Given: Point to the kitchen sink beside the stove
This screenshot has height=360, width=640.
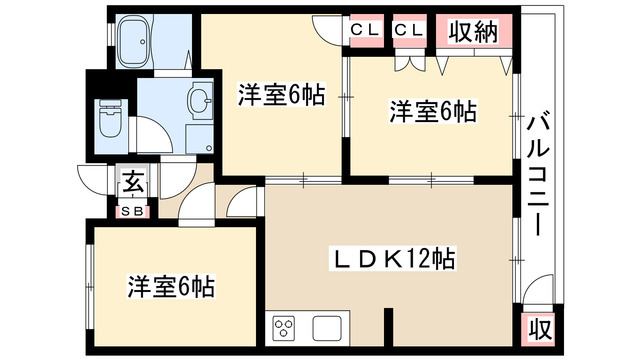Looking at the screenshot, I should point(327,327).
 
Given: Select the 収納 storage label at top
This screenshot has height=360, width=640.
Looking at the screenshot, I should point(472,32).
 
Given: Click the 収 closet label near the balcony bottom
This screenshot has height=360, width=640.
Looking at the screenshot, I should point(538,327).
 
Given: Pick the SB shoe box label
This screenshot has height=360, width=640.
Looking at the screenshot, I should point(132,210).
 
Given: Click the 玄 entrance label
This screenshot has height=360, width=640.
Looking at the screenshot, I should point(132,184).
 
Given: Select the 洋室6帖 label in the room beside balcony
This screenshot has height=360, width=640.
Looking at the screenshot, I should point(432,112).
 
